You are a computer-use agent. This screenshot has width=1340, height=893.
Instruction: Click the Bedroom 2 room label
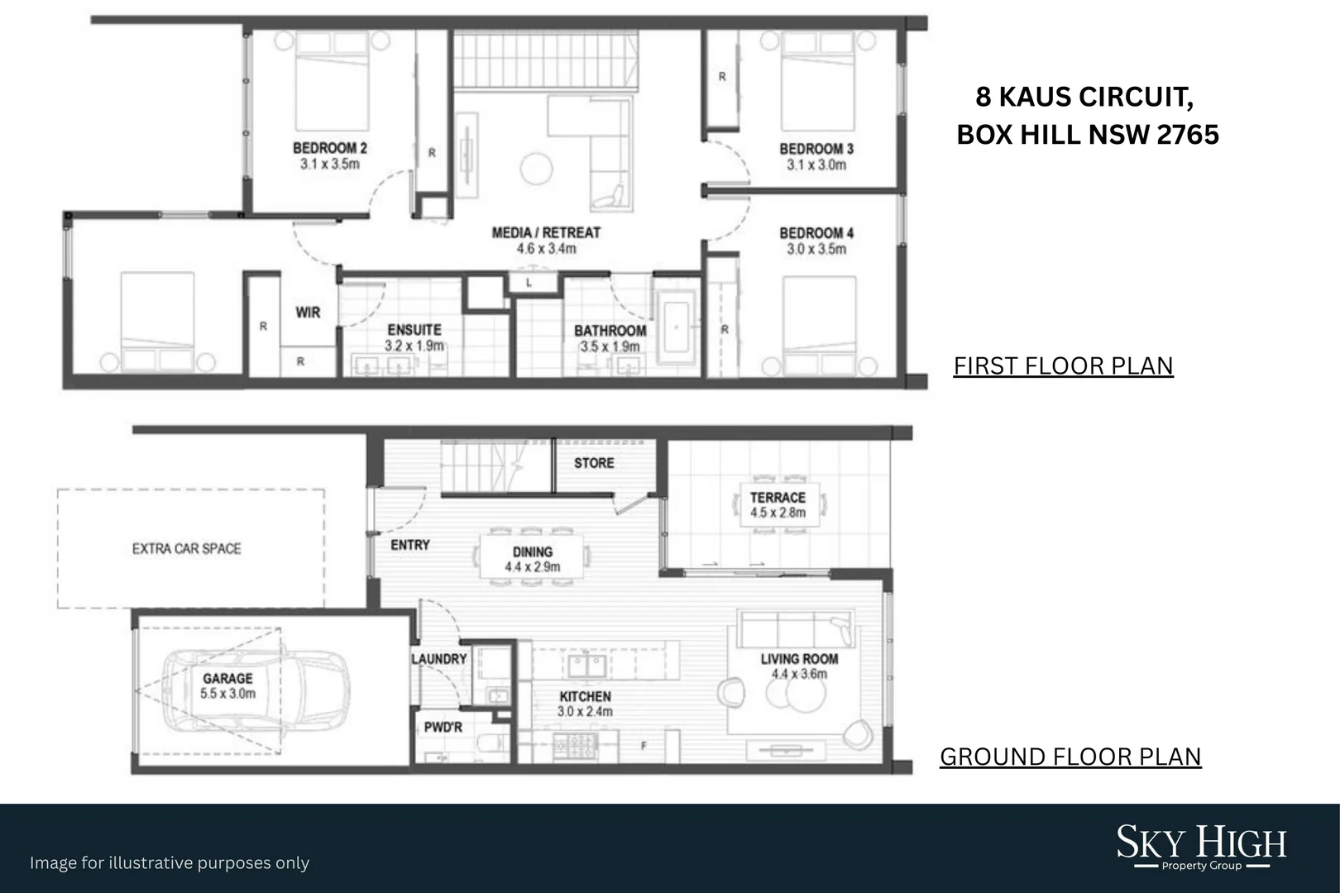coord(329,148)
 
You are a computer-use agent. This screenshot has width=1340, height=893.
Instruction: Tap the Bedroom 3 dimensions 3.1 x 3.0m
coord(816,165)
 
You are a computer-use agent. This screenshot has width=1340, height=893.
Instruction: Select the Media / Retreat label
coord(546,232)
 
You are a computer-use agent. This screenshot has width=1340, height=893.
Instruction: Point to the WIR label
coord(308,313)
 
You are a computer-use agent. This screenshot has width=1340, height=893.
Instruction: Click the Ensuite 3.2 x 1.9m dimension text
coord(414,346)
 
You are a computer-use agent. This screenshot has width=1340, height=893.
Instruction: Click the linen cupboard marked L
coord(529,283)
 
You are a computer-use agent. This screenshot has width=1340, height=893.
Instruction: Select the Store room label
coord(594,463)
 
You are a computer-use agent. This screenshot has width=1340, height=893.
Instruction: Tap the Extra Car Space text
coord(187,548)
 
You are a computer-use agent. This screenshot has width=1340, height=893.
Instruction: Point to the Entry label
coord(410,545)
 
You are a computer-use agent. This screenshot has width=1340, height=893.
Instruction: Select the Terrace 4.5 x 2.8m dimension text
coord(778,513)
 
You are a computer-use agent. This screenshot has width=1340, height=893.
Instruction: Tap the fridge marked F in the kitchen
coord(644,746)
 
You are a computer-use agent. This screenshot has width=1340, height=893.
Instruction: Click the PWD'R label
coord(443,728)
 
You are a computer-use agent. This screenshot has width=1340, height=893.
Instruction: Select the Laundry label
coord(439,659)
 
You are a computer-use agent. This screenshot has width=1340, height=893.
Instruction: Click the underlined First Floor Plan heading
coord(1063,366)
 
